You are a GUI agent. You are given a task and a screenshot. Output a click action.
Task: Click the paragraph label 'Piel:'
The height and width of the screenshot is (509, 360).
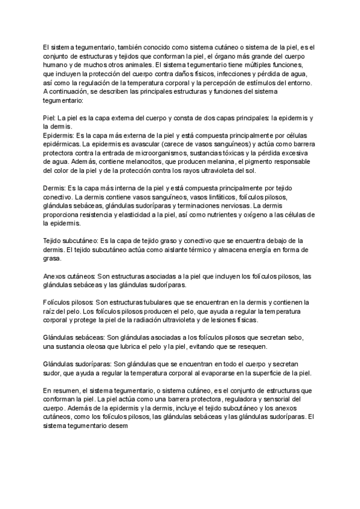point(50,119)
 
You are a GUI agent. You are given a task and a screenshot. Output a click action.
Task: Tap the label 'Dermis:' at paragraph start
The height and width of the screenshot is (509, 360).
point(55,188)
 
